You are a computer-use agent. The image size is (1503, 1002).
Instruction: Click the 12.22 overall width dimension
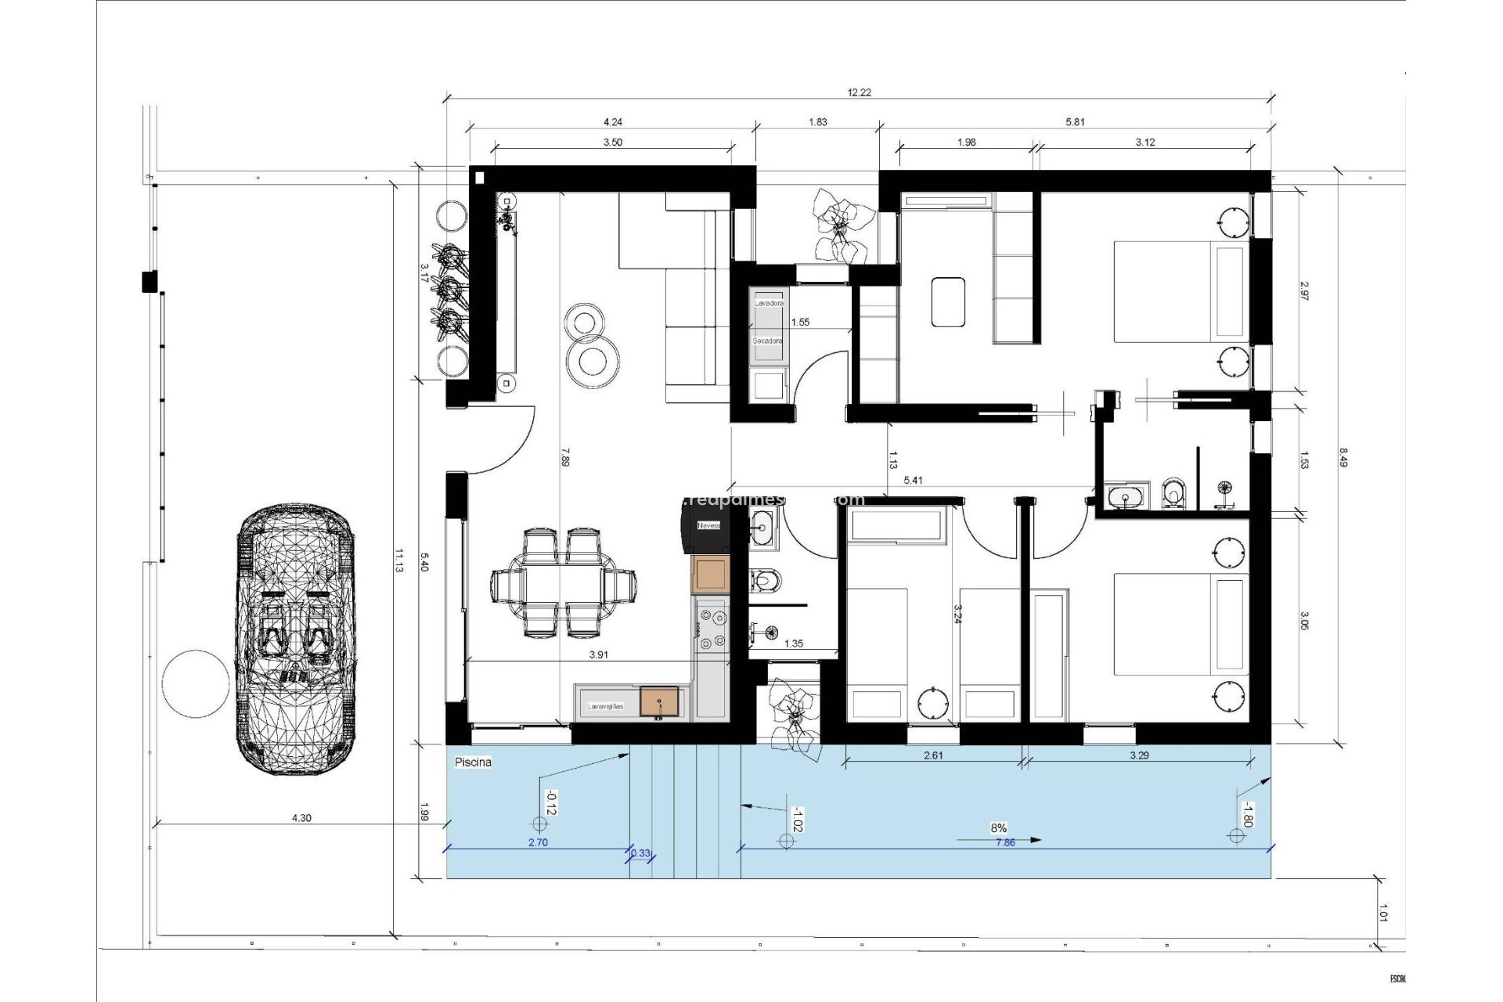(x=859, y=92)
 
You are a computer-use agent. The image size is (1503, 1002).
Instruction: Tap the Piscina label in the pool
(x=473, y=762)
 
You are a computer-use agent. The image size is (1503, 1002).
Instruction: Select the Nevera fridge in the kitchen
(x=708, y=526)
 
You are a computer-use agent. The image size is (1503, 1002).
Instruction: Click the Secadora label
(x=767, y=341)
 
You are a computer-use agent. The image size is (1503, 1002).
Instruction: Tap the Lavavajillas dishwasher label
(x=606, y=706)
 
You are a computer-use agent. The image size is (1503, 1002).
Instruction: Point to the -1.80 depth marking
(x=1248, y=815)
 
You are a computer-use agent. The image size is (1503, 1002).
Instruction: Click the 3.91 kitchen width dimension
(x=597, y=656)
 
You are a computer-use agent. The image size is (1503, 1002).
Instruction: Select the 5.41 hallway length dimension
(x=913, y=481)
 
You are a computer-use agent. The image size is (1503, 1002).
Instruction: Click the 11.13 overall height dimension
(x=398, y=560)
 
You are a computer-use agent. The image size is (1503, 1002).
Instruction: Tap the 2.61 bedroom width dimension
(x=932, y=756)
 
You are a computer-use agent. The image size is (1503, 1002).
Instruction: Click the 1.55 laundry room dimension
(x=799, y=322)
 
